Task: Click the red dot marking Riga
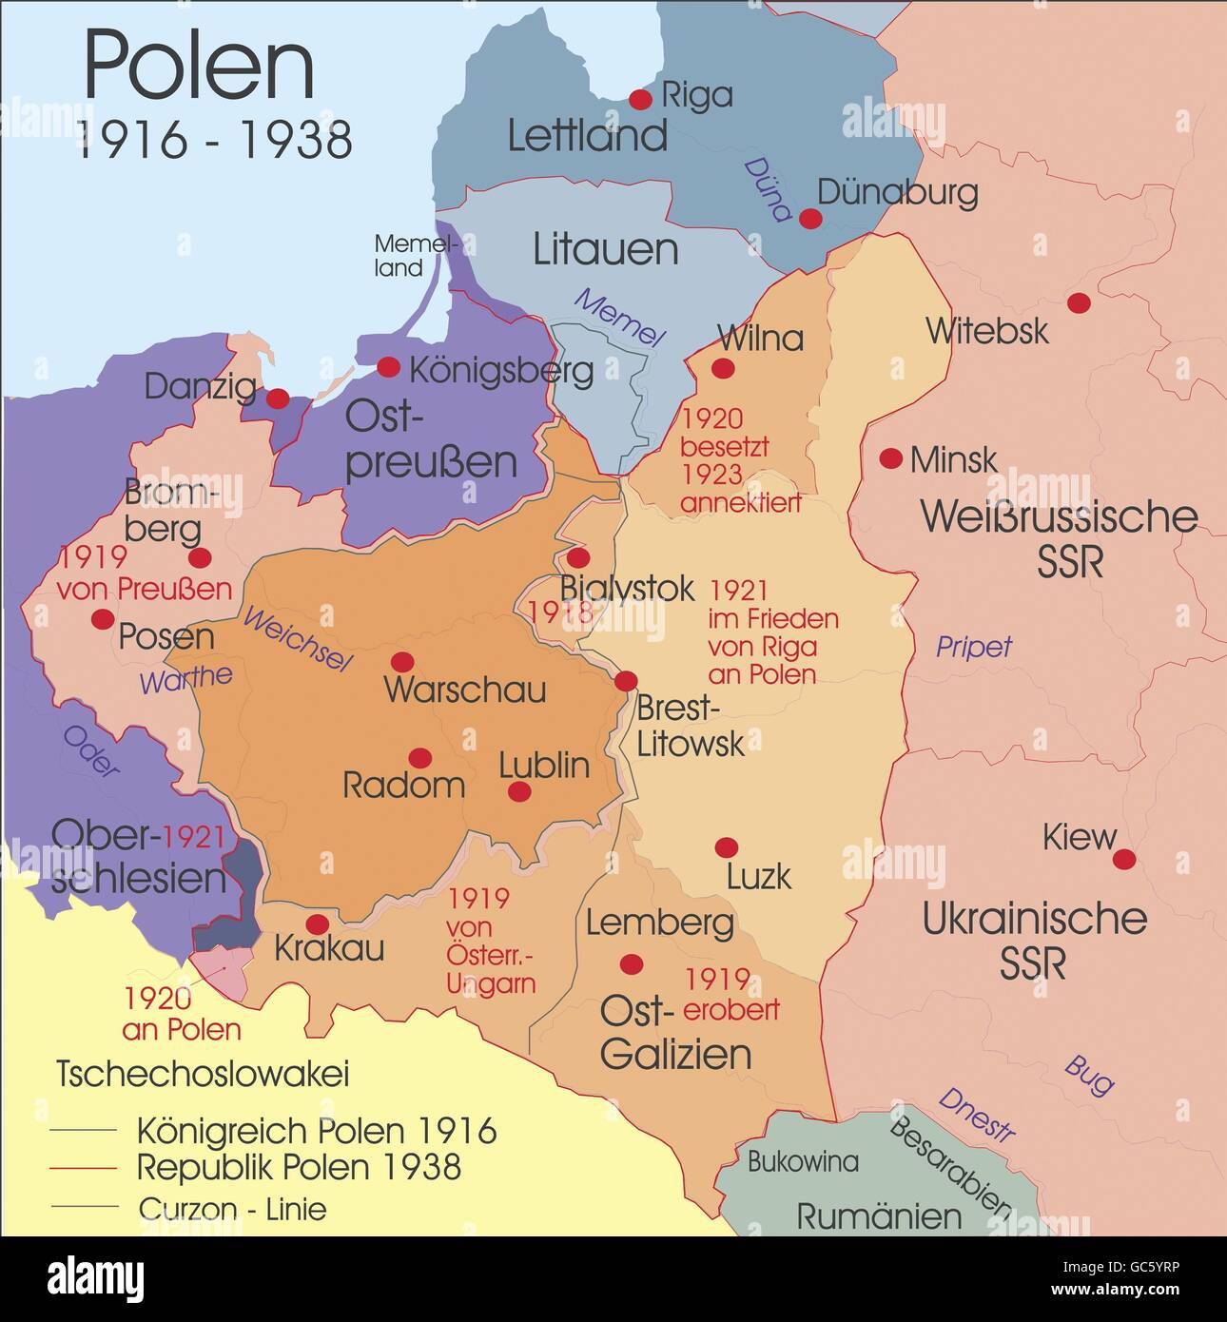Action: (x=640, y=99)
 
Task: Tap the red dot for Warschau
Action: (x=402, y=662)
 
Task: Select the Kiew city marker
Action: (x=1124, y=860)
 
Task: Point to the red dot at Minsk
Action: (x=890, y=458)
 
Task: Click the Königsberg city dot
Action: (x=388, y=367)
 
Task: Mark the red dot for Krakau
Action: (x=317, y=924)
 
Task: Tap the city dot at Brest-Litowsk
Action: (x=626, y=681)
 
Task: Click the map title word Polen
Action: (x=199, y=65)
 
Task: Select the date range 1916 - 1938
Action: (x=214, y=140)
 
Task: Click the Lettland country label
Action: (x=587, y=136)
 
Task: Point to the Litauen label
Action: (x=605, y=249)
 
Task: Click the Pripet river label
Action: (x=974, y=647)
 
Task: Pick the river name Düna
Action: (x=767, y=189)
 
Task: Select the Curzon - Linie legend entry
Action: (x=232, y=1209)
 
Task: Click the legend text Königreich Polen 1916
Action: (x=317, y=1131)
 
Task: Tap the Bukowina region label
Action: (x=803, y=1161)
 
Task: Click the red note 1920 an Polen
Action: (x=181, y=1014)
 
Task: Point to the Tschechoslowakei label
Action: (x=203, y=1074)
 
